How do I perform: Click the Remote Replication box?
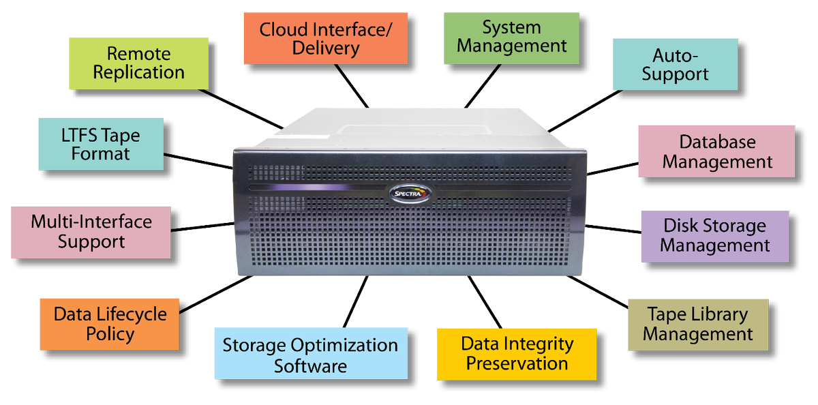pyautogui.click(x=138, y=63)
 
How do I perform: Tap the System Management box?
pyautogui.click(x=511, y=37)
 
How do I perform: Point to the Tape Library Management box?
pyautogui.click(x=697, y=324)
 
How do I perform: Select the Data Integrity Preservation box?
pyautogui.click(x=517, y=353)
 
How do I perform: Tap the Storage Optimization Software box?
pyautogui.click(x=310, y=355)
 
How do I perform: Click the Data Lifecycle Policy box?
pyautogui.click(x=110, y=324)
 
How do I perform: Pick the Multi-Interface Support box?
pyautogui.click(x=91, y=232)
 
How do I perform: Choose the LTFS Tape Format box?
pyautogui.click(x=100, y=144)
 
